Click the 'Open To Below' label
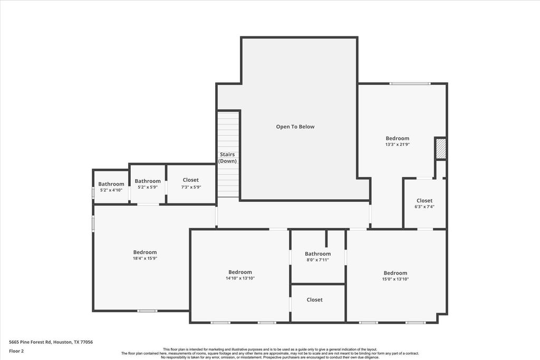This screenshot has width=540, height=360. click(295, 127)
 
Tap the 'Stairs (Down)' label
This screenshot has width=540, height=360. click(227, 158)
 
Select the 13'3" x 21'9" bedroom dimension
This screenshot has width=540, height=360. click(398, 144)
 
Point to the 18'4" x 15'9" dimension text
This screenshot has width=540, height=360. click(145, 258)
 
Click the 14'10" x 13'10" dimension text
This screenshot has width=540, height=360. click(240, 278)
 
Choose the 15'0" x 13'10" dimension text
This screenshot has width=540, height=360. click(396, 279)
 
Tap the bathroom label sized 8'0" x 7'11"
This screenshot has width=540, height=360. click(317, 254)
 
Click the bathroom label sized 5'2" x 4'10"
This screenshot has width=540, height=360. click(111, 184)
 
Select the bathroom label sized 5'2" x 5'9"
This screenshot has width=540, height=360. click(148, 181)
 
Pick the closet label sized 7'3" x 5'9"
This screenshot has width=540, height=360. click(191, 180)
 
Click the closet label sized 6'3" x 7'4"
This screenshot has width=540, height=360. click(425, 201)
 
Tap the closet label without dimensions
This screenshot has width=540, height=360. click(315, 300)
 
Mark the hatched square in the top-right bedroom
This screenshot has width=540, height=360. click(441, 148)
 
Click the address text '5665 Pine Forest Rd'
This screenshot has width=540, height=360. click(30, 342)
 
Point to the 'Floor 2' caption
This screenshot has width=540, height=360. click(16, 351)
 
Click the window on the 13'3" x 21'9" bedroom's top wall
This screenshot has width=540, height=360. click(410, 83)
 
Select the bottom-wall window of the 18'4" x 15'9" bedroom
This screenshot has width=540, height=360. click(147, 311)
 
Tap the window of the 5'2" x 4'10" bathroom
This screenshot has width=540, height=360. click(93, 193)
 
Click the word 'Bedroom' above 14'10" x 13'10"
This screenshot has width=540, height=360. click(240, 272)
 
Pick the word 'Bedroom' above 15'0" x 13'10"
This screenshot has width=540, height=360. click(396, 273)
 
